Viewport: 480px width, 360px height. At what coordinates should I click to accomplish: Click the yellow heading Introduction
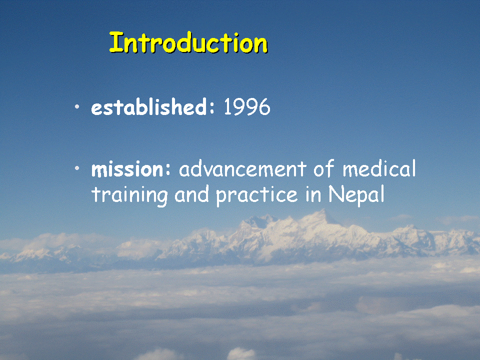[188, 42]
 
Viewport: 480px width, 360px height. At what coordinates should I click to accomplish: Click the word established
[149, 107]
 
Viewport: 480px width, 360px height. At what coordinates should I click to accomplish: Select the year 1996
[247, 107]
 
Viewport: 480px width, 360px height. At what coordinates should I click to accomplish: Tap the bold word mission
[127, 169]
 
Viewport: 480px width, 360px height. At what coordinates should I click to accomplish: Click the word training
[129, 195]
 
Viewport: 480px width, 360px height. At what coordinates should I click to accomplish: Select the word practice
[257, 195]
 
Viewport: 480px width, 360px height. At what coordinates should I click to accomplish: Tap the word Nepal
[356, 194]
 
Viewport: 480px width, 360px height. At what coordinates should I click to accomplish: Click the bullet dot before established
[77, 106]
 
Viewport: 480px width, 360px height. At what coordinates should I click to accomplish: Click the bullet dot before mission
[77, 168]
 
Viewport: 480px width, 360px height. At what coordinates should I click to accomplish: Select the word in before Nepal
[313, 194]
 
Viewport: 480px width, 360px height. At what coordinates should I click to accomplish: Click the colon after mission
[167, 169]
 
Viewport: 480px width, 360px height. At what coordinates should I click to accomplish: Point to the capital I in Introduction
[115, 42]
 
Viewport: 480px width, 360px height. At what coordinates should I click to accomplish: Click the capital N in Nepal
[336, 194]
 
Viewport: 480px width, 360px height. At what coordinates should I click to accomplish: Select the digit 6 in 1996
[264, 107]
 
